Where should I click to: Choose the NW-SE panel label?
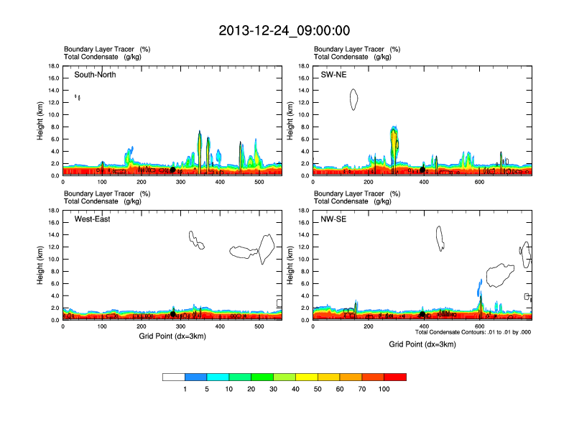click(x=333, y=219)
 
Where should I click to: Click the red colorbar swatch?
click(x=395, y=377)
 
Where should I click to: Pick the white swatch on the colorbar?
click(x=174, y=377)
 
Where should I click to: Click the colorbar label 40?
click(x=295, y=389)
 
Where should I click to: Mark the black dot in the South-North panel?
click(x=172, y=170)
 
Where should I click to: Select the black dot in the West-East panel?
click(x=172, y=314)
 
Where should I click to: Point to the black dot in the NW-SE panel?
click(x=422, y=314)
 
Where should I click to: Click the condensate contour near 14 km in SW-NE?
click(x=353, y=99)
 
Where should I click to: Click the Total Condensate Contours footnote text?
click(x=473, y=332)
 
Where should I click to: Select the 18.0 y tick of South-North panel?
click(x=53, y=66)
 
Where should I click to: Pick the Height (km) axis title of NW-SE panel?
click(x=290, y=265)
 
